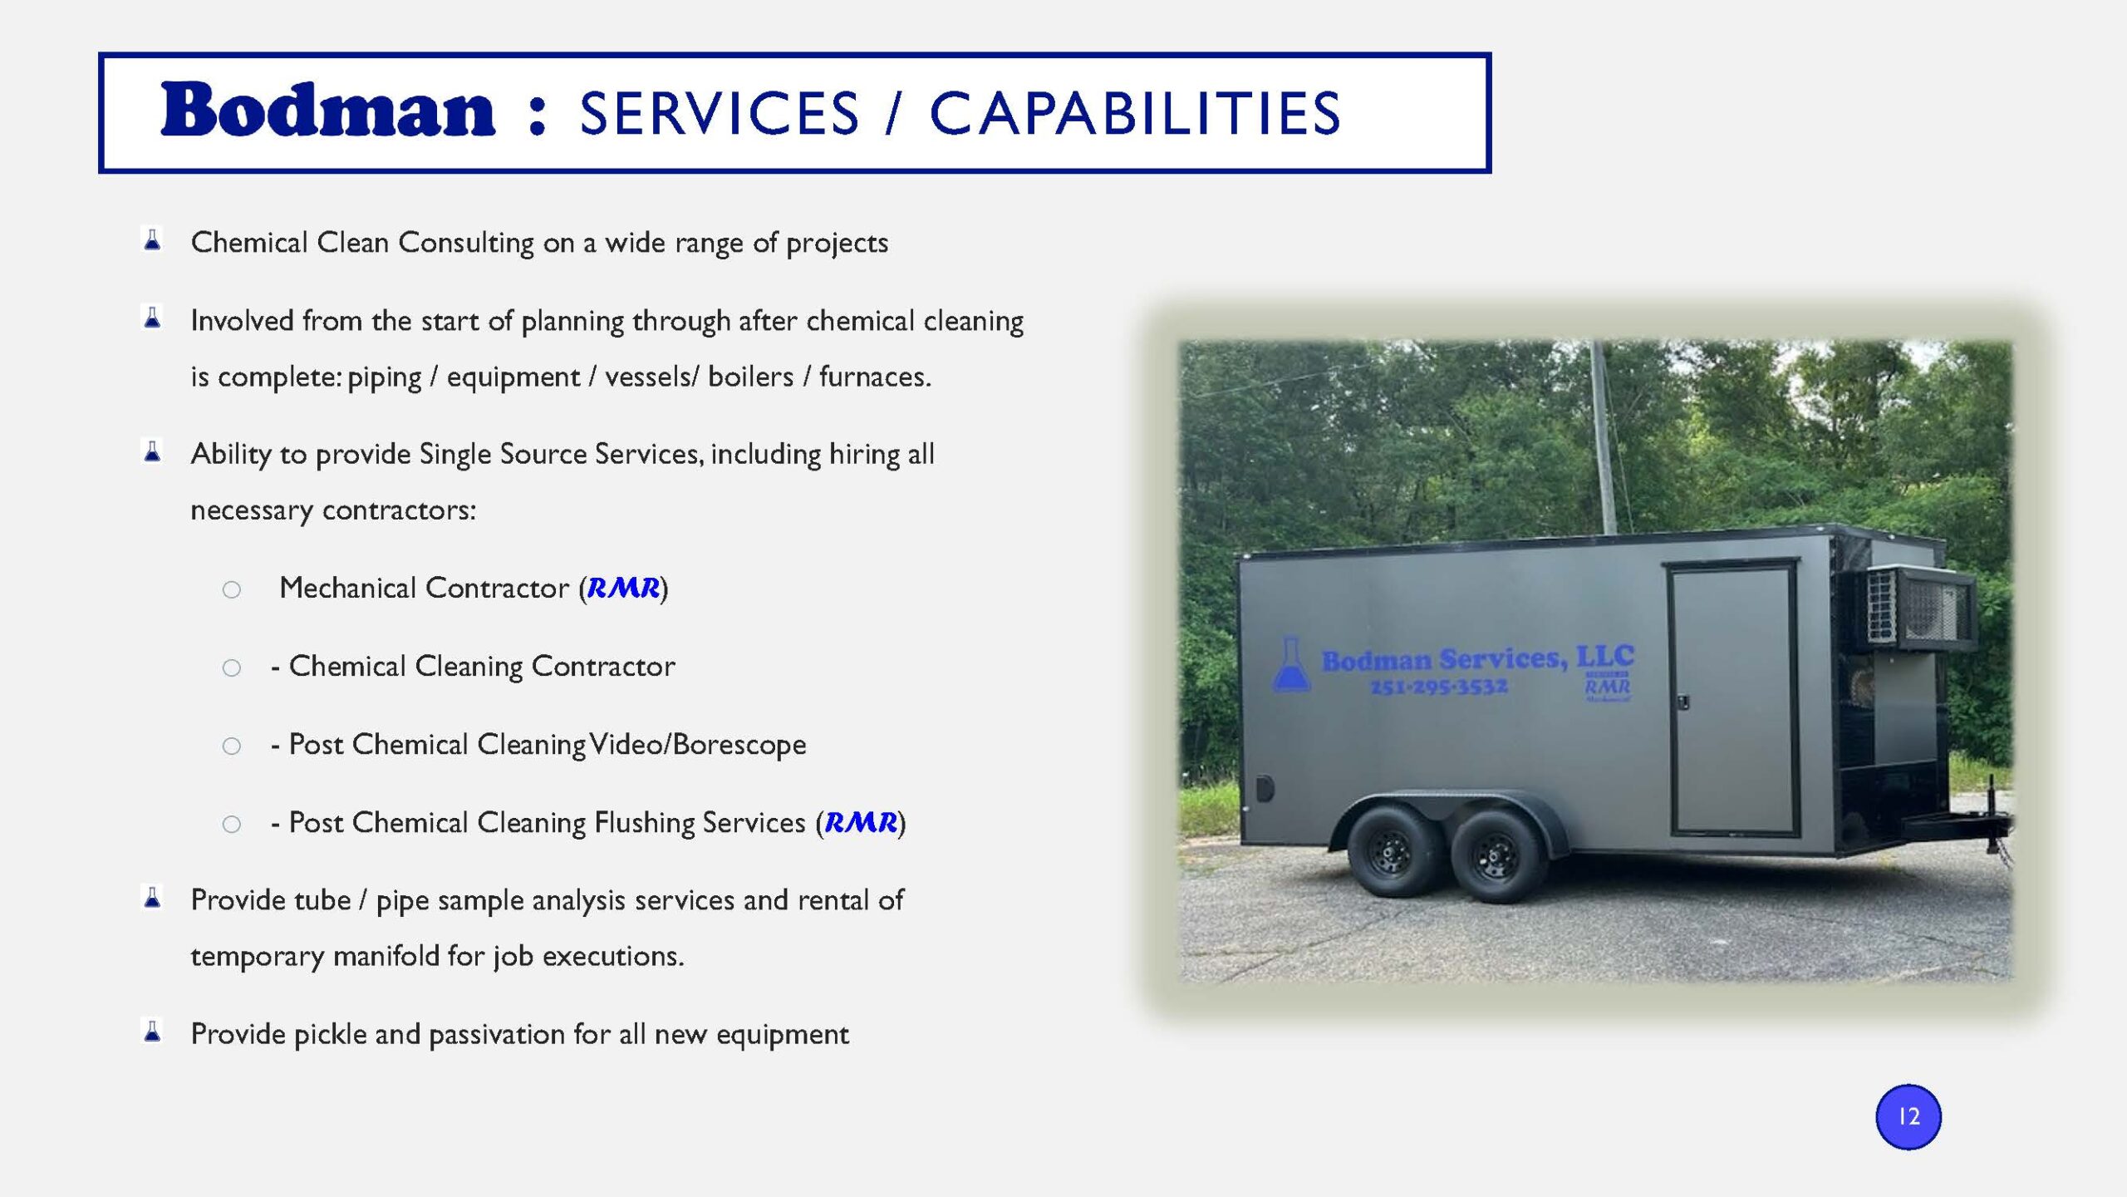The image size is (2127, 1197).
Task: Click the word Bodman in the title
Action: click(x=327, y=110)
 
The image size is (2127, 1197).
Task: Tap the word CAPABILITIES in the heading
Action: click(x=1135, y=113)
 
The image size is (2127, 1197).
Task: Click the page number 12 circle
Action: click(x=1908, y=1116)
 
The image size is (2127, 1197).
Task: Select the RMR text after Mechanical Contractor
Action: click(x=623, y=588)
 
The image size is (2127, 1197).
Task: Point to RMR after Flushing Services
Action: click(x=861, y=822)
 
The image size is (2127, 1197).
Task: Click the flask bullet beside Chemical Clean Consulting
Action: click(x=152, y=239)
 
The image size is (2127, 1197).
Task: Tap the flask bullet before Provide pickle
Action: click(x=152, y=1031)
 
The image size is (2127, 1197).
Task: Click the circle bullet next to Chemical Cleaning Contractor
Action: click(x=232, y=667)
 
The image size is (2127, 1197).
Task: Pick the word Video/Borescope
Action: click(x=698, y=744)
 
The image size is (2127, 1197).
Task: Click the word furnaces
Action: click(x=875, y=377)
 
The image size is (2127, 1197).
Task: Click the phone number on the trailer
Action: click(x=1438, y=687)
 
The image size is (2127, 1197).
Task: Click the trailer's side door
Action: click(x=1732, y=698)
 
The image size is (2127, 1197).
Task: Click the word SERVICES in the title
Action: click(x=720, y=113)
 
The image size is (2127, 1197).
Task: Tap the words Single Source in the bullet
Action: click(x=503, y=454)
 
